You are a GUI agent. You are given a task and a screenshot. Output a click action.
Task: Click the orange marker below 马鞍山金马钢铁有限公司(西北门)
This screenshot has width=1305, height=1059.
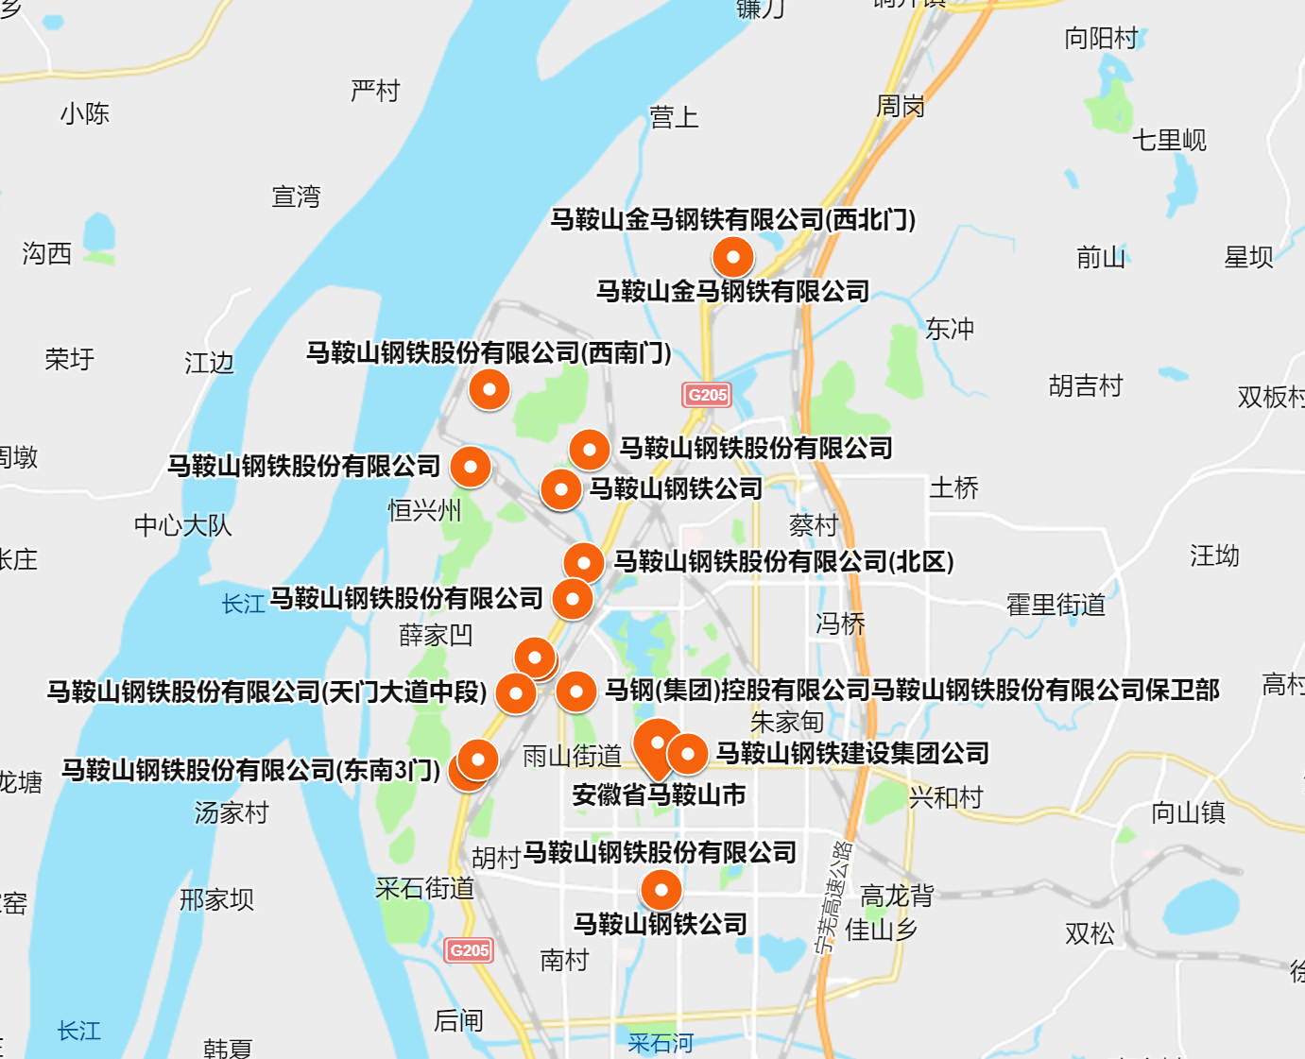point(732,257)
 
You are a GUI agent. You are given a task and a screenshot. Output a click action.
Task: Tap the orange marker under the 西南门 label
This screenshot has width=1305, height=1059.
point(489,389)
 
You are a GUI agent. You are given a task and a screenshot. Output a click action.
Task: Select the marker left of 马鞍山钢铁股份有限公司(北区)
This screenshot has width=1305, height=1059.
point(583,563)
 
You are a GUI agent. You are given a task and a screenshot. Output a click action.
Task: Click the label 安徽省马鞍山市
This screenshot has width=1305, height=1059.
point(659,795)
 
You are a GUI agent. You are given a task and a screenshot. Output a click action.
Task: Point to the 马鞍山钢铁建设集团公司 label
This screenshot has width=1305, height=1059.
point(852,753)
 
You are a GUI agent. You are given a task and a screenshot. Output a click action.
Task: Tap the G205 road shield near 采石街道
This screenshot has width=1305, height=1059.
point(470,950)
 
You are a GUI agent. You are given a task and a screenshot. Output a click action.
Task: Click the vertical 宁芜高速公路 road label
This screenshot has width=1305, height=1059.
point(833,897)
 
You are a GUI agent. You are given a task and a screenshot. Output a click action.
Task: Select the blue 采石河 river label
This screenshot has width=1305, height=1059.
point(661,1043)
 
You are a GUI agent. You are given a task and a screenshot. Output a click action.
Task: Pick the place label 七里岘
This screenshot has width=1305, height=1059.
point(1170,141)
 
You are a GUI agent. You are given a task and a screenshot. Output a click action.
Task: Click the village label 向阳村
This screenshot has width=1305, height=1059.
point(1101,39)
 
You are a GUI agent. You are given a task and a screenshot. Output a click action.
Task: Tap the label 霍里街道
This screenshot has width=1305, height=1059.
point(1056,605)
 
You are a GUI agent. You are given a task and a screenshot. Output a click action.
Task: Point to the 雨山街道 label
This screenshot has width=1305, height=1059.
point(572,756)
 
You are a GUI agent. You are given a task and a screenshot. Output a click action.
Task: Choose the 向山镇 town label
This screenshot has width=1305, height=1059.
point(1188,812)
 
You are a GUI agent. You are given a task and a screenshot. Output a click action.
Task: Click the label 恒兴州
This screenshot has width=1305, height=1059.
point(424,511)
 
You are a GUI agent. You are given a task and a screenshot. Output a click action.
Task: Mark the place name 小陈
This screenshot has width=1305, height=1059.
point(85,114)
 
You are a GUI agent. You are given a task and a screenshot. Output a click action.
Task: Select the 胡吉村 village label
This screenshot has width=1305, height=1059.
point(1086,385)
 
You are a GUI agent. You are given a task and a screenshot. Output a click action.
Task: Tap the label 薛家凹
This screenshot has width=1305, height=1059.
point(436,635)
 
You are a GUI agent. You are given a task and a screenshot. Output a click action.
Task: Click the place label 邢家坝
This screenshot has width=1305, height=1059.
point(216,899)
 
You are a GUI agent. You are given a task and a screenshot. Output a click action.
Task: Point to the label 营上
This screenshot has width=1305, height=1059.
point(674,117)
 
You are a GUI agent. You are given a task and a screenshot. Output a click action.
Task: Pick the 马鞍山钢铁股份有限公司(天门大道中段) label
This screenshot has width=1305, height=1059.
point(267,692)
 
